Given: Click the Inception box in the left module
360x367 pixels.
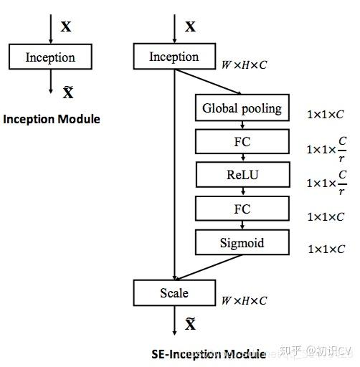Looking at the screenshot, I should pos(50,57).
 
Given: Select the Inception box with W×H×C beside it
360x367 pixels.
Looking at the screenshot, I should pos(174,57).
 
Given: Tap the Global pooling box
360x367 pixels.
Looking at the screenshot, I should pos(242,109).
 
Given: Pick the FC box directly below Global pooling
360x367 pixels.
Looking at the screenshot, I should pos(242,142).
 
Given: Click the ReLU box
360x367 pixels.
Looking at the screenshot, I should pos(242,174).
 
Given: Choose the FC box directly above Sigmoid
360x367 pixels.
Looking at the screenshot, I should pos(242,209).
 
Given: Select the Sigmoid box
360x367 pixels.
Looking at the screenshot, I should pos(242,243).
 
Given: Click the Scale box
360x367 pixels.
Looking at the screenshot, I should pos(174,292).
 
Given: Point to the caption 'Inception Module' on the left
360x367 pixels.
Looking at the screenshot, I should pos(52,119).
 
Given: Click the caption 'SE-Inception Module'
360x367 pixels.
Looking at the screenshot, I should pos(209,353).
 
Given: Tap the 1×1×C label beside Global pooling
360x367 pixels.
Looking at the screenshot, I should pos(326,114).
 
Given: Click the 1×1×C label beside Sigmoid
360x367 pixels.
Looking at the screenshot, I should pos(326,249).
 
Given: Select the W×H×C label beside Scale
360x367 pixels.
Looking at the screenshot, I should pos(244,300).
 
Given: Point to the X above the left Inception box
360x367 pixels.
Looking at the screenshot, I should pos(66,27).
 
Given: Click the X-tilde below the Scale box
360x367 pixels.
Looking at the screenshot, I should pos(190,325).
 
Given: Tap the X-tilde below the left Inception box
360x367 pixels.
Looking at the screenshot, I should pos(68,92).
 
